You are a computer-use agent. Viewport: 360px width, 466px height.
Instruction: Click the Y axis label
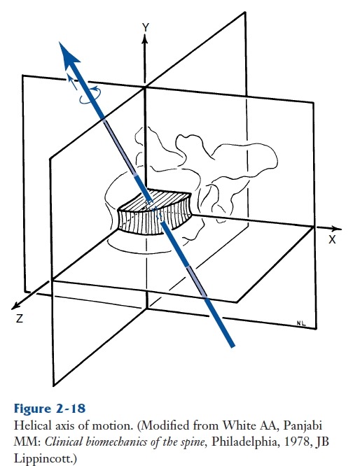coord(145,27)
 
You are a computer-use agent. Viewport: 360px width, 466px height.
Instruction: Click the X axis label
coord(332,239)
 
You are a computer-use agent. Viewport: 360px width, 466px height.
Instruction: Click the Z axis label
coord(20,318)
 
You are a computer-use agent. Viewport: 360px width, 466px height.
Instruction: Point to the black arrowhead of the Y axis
coord(145,39)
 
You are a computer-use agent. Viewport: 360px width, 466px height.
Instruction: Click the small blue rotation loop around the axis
coord(90,96)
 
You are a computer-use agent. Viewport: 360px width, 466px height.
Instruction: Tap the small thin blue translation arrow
coord(71,82)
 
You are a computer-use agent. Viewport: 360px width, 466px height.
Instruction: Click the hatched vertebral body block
coord(154,213)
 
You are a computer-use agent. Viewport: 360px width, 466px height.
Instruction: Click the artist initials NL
coord(301,323)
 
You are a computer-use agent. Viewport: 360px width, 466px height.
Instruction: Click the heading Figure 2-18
coord(50,409)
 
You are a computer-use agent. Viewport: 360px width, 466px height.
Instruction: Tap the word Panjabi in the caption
coord(303,426)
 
